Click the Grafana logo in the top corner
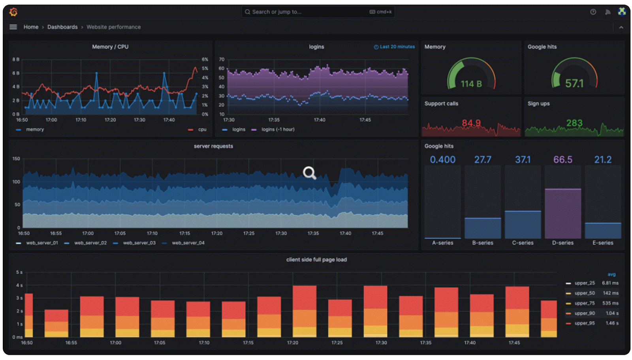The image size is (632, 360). click(13, 12)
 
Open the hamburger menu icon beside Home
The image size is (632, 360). click(13, 27)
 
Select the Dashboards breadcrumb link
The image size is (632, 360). click(62, 27)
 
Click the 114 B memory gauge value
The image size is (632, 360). click(471, 84)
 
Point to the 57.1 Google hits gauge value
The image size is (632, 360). click(574, 83)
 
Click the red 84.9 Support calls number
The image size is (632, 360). click(471, 123)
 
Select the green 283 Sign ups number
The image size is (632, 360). click(574, 123)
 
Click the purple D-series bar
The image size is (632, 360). click(563, 213)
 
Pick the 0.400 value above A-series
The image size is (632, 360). click(442, 160)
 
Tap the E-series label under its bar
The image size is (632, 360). click(603, 243)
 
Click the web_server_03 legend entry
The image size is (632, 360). click(139, 243)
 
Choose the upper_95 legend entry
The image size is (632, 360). click(584, 323)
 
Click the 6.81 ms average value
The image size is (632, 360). click(610, 283)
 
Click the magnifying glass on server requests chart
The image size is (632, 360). click(309, 173)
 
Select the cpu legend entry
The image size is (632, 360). click(202, 130)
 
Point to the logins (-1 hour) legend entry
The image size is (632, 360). click(278, 130)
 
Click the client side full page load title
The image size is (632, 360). click(316, 260)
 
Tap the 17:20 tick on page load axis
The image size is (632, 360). click(293, 343)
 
